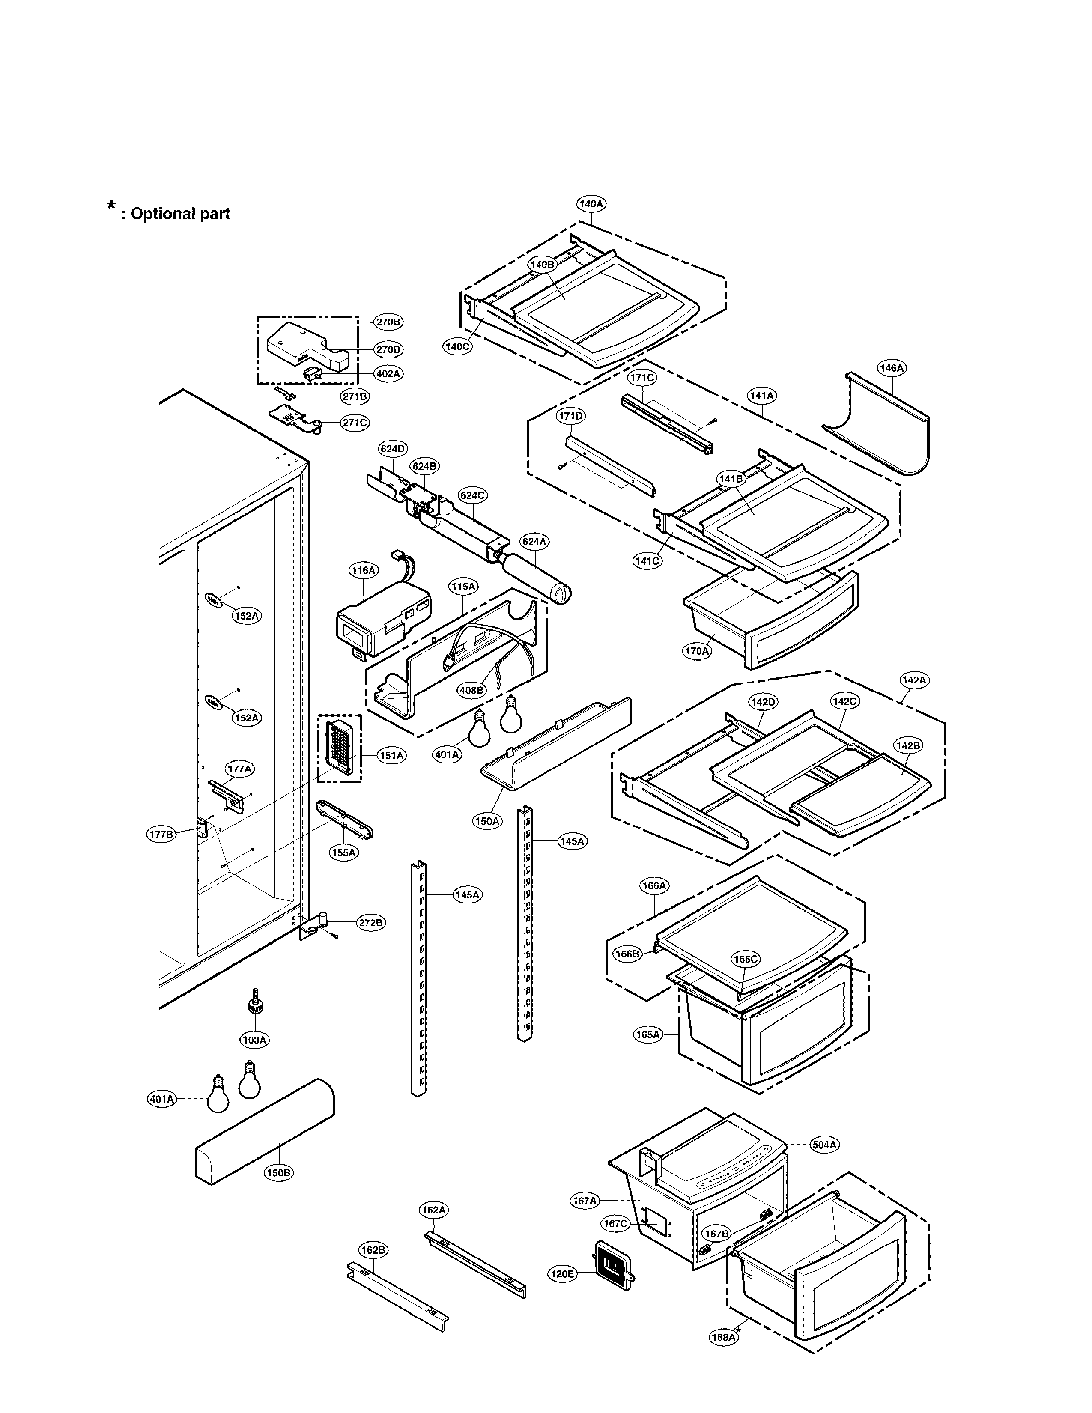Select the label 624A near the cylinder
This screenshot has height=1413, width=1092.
coord(534,542)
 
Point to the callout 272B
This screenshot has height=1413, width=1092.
coord(371,923)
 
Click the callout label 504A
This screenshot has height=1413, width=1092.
coord(824,1145)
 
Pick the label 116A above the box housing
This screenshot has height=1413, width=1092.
coord(363,570)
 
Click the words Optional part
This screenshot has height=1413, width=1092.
coord(180,214)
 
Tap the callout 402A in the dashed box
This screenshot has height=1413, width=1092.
coord(388,373)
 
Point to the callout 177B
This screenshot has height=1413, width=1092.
coord(161,835)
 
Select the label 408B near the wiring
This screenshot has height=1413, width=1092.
coord(471,690)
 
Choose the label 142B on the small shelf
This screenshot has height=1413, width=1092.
coord(907,745)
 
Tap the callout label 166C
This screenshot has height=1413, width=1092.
coord(745,959)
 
